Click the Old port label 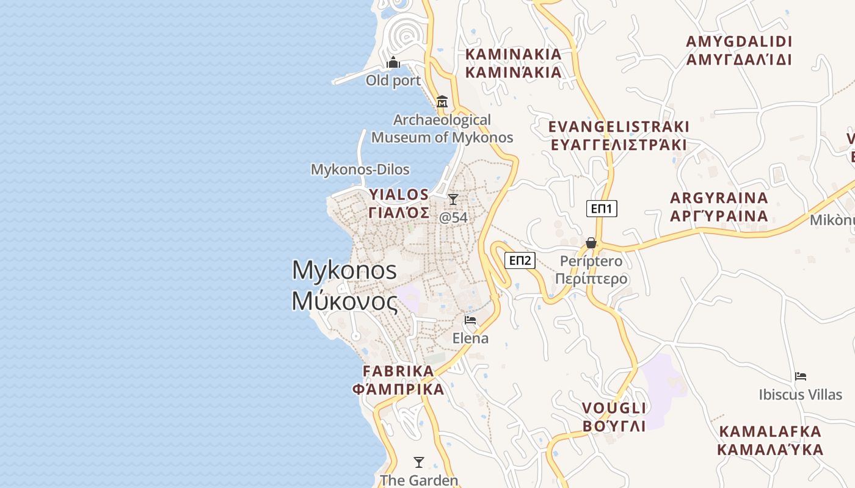(x=393, y=81)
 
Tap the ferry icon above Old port (x=393, y=62)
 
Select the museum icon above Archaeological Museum (x=442, y=101)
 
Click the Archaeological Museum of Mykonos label (x=442, y=129)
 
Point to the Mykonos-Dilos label (x=360, y=170)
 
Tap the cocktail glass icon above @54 (x=453, y=199)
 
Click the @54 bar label (x=453, y=217)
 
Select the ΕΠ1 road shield (x=602, y=209)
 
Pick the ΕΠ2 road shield (x=520, y=261)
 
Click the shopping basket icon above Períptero (x=591, y=243)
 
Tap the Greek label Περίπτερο (x=591, y=279)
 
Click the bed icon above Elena (x=470, y=320)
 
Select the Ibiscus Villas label (x=800, y=395)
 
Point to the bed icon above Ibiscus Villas (x=801, y=376)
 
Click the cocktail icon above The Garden (x=419, y=462)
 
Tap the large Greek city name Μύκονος (x=344, y=301)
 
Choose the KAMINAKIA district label (x=513, y=54)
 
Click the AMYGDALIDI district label (x=739, y=41)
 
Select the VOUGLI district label (x=614, y=408)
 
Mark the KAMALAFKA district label (x=770, y=432)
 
